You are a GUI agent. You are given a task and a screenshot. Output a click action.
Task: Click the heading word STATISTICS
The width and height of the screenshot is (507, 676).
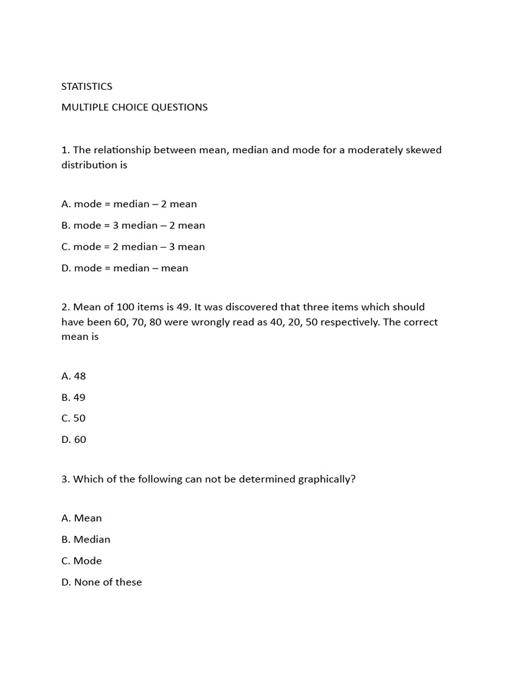click(86, 86)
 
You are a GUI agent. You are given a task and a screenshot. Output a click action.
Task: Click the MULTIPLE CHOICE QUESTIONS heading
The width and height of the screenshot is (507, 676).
click(134, 107)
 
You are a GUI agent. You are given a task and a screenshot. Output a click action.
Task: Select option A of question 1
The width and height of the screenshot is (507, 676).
click(129, 204)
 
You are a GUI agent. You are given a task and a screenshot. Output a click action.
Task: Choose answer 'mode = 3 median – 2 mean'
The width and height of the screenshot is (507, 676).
click(133, 225)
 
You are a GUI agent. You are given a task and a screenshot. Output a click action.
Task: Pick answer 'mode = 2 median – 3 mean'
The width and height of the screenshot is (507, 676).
click(133, 247)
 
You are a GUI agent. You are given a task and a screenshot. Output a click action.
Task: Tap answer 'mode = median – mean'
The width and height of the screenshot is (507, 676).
click(125, 268)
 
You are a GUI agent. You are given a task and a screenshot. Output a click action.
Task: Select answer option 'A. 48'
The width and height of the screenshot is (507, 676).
click(73, 376)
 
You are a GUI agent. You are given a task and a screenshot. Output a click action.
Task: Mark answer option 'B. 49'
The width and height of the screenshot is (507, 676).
click(73, 397)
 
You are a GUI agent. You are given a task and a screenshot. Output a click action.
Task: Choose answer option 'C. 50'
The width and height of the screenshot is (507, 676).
click(73, 419)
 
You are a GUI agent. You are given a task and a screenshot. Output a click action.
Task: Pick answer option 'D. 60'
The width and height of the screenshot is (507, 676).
click(73, 440)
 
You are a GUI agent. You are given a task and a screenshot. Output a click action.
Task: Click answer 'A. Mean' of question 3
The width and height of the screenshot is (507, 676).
click(81, 518)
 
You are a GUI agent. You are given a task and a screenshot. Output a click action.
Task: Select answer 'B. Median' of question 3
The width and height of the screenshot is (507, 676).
click(86, 539)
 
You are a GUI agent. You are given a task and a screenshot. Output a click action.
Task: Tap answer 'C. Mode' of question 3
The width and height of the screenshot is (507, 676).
click(81, 560)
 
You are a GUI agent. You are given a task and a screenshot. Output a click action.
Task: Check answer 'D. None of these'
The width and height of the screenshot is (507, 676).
click(101, 582)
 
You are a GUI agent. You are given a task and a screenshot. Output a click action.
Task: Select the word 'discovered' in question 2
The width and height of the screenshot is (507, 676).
click(240, 307)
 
